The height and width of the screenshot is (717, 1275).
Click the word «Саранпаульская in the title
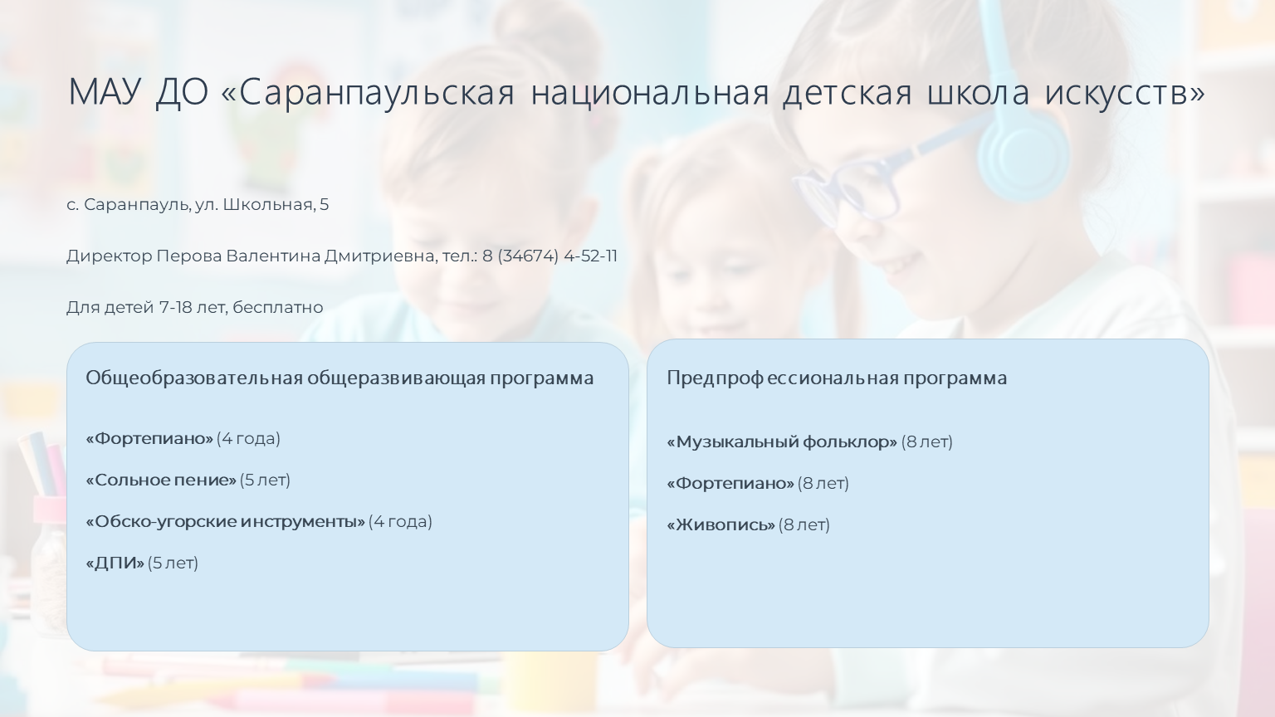click(368, 92)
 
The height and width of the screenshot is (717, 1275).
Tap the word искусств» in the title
click(1125, 92)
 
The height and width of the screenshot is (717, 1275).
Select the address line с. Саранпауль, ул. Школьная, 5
click(198, 205)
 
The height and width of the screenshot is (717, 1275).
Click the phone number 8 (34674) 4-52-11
click(550, 256)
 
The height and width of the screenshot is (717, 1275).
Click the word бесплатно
click(278, 307)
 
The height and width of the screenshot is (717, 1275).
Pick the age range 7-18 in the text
click(175, 307)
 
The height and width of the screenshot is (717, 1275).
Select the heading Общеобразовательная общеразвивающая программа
click(340, 378)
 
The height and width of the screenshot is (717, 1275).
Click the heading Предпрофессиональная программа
click(837, 378)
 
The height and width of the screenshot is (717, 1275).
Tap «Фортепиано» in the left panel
click(149, 439)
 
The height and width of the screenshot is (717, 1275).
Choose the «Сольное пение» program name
click(161, 480)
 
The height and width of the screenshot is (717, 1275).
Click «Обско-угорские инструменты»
click(226, 522)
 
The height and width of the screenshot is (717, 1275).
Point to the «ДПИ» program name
click(115, 563)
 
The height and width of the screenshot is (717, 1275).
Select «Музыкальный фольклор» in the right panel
click(782, 442)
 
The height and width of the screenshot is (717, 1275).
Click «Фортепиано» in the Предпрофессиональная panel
click(730, 484)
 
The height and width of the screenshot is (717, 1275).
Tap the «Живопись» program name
click(721, 524)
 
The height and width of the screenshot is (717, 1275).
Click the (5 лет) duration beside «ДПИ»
click(173, 563)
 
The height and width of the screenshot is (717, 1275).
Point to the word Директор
click(110, 256)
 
